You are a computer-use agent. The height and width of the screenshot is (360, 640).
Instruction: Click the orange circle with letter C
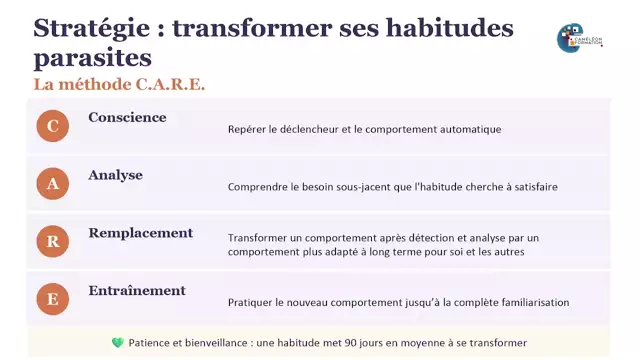tap(52, 125)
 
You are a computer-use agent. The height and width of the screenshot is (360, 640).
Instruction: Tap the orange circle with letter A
tap(52, 183)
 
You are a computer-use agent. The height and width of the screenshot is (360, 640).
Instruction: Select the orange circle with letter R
tap(52, 241)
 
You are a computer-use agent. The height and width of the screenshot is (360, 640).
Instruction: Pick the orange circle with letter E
tap(52, 298)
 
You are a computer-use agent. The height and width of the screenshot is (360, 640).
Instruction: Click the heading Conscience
tap(127, 117)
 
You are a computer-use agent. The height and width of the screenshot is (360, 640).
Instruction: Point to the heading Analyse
tap(115, 175)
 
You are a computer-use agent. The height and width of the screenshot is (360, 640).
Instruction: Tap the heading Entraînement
tap(137, 291)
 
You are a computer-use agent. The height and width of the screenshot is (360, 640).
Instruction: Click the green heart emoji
tap(118, 342)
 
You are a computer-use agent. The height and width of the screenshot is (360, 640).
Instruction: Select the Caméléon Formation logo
tap(579, 37)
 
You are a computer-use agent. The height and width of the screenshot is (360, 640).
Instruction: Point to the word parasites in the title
tap(93, 57)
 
